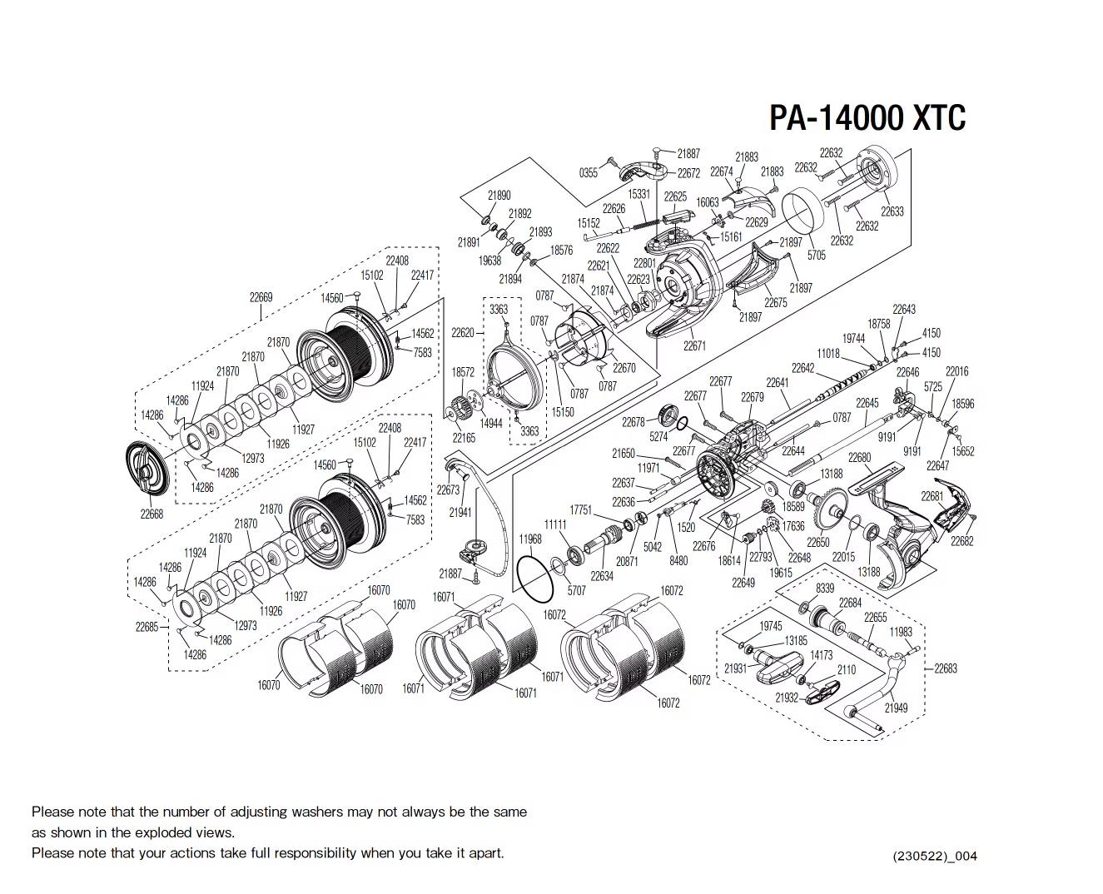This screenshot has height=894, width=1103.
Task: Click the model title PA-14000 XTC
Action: (x=867, y=118)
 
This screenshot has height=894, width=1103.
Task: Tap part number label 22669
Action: (x=261, y=297)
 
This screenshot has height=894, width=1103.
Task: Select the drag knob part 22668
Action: (x=147, y=473)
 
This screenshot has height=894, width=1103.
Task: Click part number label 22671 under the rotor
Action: (x=694, y=345)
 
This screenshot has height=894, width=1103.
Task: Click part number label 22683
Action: (x=945, y=668)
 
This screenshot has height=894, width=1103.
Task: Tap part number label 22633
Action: (x=892, y=211)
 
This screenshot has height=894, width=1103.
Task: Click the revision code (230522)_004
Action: (x=935, y=856)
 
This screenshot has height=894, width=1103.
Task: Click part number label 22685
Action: (x=147, y=627)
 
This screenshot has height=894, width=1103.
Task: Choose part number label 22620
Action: (x=462, y=333)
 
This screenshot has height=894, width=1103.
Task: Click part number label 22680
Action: (x=859, y=458)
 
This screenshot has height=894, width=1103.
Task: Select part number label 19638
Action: (x=489, y=261)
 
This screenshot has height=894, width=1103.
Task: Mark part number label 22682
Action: (x=961, y=542)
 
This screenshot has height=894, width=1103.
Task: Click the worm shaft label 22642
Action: (x=802, y=368)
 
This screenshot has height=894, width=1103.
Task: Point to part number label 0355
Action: (x=588, y=172)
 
